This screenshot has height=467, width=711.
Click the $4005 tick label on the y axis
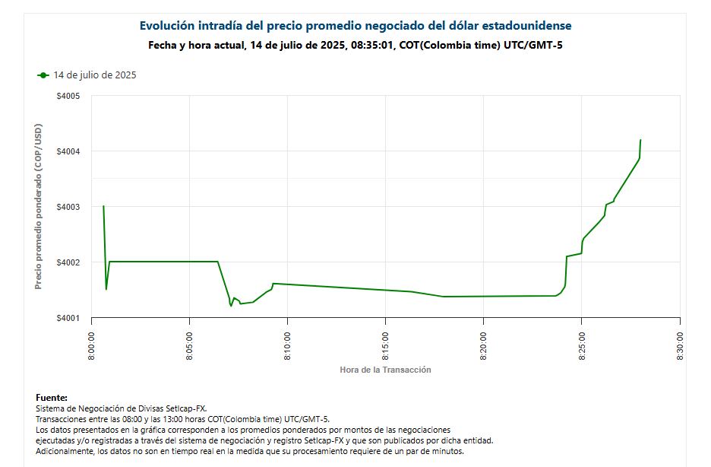[69, 96]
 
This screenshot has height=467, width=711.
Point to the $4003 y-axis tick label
[69, 207]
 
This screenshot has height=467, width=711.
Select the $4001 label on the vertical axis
[69, 318]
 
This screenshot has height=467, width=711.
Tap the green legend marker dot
[43, 75]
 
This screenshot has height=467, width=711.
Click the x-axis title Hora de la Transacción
[385, 370]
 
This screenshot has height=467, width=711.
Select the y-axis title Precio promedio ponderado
[39, 206]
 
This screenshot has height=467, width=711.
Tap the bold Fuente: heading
[52, 398]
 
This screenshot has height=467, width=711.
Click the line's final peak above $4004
[640, 140]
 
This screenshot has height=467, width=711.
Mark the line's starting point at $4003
[103, 206]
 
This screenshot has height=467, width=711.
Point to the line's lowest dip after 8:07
[231, 306]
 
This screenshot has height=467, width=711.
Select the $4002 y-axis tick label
[69, 262]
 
